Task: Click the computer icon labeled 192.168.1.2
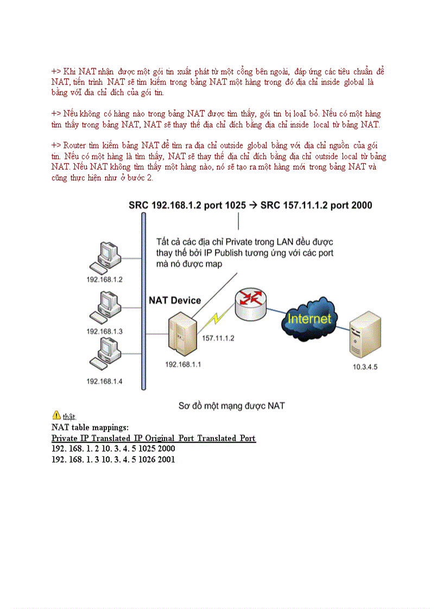(x=104, y=257)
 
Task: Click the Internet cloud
(x=308, y=319)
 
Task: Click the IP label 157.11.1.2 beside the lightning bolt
(x=218, y=338)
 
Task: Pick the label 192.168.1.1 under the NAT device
(x=183, y=364)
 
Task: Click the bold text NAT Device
(x=175, y=300)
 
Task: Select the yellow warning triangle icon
(x=56, y=415)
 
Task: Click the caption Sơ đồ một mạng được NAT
(x=232, y=405)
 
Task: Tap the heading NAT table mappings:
(x=90, y=427)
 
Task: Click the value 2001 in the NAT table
(x=166, y=459)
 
